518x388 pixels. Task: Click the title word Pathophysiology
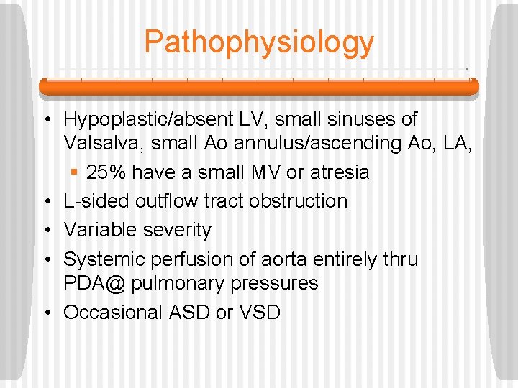(x=259, y=42)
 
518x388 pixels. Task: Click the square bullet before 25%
(x=76, y=173)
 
